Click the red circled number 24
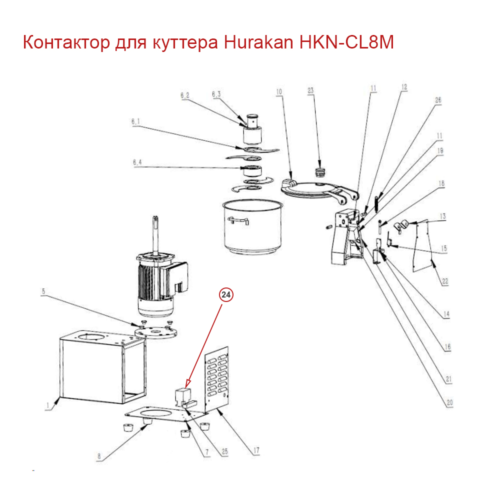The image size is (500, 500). (226, 294)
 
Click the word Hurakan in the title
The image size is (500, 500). (258, 42)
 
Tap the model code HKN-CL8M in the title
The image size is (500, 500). (346, 42)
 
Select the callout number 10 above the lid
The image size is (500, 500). (279, 92)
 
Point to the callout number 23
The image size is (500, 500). (310, 90)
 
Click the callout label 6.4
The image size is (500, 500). (137, 162)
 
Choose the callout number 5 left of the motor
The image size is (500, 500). (43, 291)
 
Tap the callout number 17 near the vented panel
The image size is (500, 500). (256, 450)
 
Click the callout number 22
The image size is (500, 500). (445, 281)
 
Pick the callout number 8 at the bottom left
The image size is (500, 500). (99, 456)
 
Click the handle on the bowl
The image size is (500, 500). (238, 220)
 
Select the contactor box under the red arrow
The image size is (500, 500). (183, 396)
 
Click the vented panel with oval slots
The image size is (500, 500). (217, 378)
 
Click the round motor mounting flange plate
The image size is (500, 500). (156, 332)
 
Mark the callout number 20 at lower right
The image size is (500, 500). (449, 402)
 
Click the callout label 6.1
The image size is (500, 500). (135, 121)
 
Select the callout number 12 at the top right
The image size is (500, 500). (404, 87)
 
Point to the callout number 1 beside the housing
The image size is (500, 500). (48, 405)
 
